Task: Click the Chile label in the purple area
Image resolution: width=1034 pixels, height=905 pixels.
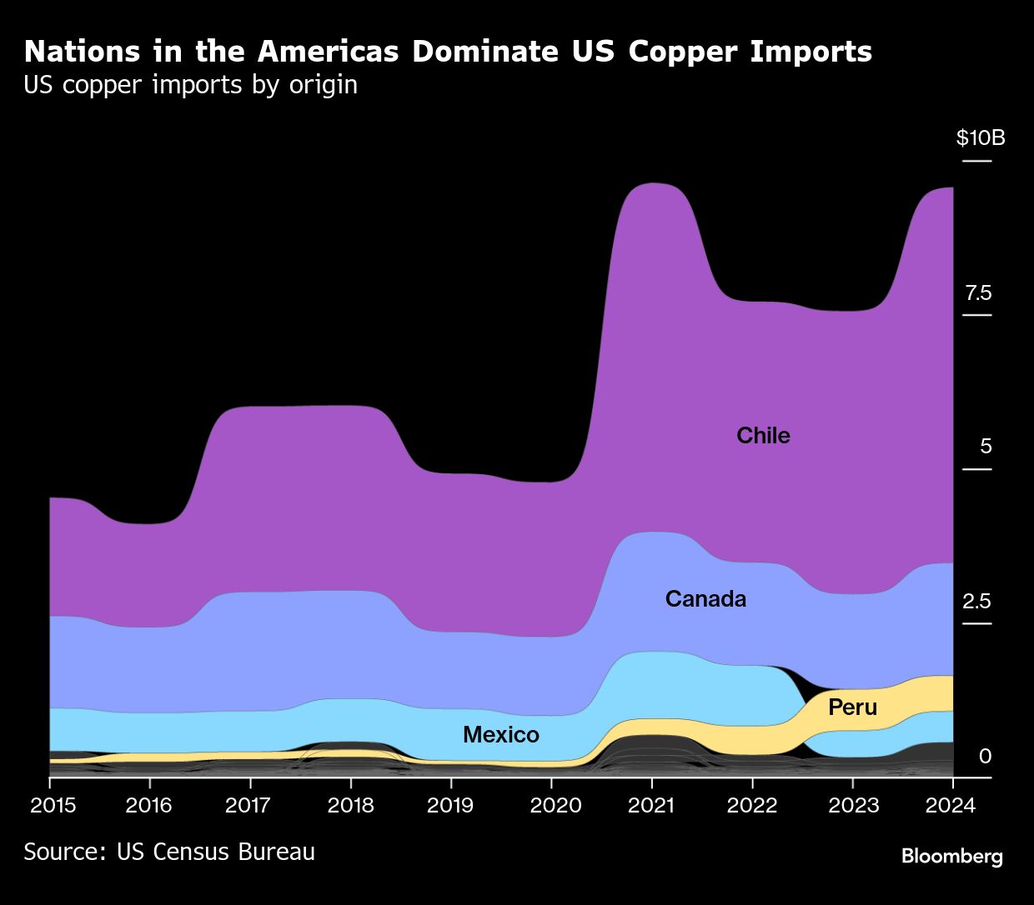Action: coord(763,435)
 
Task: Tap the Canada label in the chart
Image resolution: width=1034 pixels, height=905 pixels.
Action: coord(705,598)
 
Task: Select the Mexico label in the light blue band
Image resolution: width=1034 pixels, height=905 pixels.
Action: coord(500,734)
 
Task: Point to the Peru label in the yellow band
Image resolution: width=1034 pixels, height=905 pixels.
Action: coord(852,707)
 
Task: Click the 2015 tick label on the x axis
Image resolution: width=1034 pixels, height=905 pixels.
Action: coord(53,805)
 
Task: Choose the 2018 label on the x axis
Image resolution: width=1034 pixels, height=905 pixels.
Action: coord(350,805)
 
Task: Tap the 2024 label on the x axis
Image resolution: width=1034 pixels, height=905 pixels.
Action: coord(951,805)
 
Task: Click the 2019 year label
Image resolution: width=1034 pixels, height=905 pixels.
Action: coord(450,805)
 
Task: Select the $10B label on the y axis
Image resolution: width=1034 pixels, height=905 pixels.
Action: coord(980,137)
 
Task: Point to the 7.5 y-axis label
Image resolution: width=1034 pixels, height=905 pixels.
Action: coord(978,292)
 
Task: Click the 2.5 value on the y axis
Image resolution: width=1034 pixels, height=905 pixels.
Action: coord(976,601)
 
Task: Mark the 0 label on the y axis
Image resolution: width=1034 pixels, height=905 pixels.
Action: coord(985,756)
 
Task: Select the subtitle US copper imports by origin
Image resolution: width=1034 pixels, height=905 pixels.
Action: coord(190,85)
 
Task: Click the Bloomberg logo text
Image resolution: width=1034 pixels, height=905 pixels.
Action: coord(951,856)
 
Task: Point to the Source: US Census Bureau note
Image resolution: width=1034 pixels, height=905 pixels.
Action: coord(169,852)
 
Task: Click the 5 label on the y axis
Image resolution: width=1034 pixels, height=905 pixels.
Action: coord(986,447)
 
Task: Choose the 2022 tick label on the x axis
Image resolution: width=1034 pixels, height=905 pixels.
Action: coord(752,805)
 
